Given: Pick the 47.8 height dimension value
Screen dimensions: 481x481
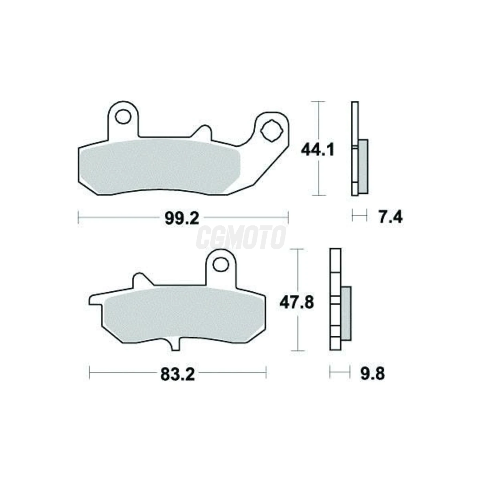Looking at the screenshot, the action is [x=297, y=303].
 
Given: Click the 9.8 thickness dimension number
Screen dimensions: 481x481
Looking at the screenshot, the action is [x=372, y=381].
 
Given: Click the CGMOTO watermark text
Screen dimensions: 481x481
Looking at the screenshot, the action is [x=240, y=237].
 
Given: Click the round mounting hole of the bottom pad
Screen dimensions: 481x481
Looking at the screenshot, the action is [x=221, y=264].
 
